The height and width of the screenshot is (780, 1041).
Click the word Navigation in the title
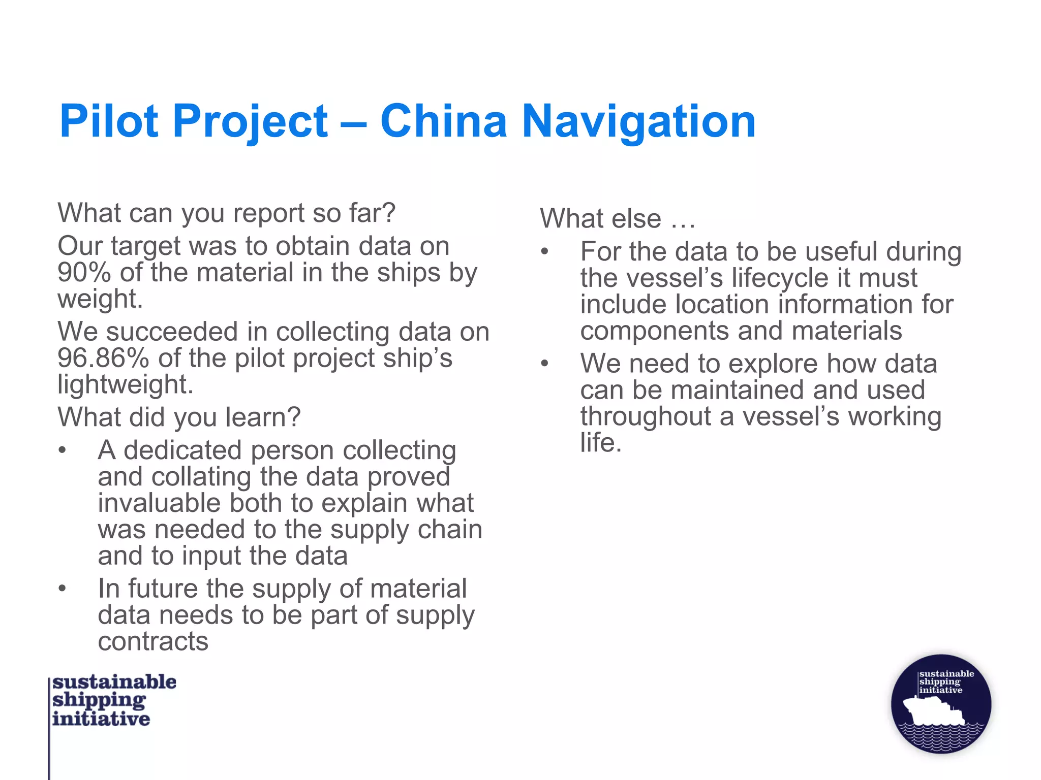pyautogui.click(x=639, y=122)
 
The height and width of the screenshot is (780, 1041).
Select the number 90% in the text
pyautogui.click(x=84, y=273)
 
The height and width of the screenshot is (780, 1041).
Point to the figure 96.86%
pyautogui.click(x=103, y=358)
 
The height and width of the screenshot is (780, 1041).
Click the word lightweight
pyautogui.click(x=125, y=384)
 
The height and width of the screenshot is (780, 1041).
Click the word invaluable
pyautogui.click(x=159, y=503)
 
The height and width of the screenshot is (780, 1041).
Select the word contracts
pyautogui.click(x=153, y=641)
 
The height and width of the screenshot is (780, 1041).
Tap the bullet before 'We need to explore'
pyautogui.click(x=545, y=364)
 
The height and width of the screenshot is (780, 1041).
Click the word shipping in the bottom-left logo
pyautogui.click(x=99, y=700)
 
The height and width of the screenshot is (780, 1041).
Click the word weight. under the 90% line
pyautogui.click(x=100, y=299)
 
